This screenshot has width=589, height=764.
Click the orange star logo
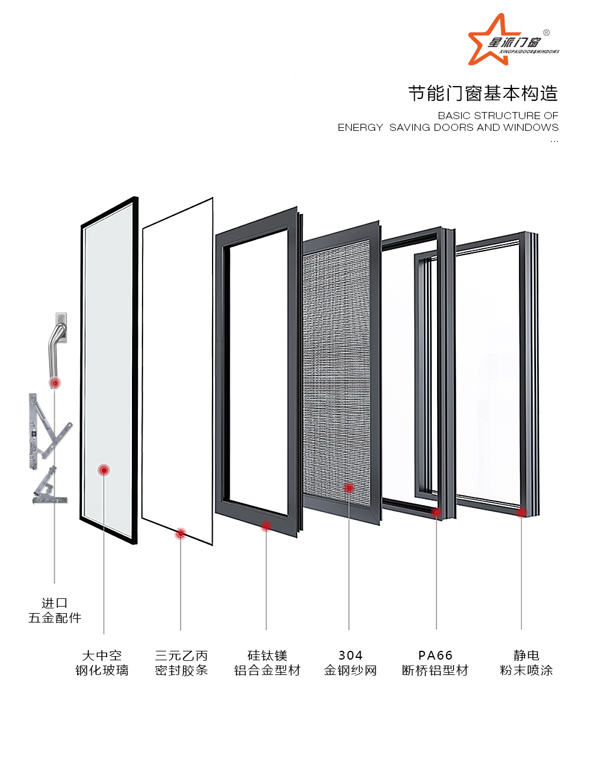pos(487,40)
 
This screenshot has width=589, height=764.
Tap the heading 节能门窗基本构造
pos(483,93)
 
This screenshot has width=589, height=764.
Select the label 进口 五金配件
pos(55,611)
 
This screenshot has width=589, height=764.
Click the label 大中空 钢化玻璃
pos(102,663)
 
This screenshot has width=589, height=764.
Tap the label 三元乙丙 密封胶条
pos(181,663)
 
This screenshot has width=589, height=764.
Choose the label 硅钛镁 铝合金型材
pos(267,663)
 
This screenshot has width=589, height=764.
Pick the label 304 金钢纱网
pos(350,663)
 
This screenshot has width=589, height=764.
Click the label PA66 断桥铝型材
pos(435,663)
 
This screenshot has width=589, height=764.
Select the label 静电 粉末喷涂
pos(526,663)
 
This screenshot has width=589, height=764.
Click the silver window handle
pos(57,342)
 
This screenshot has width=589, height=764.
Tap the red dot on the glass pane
pos(104,470)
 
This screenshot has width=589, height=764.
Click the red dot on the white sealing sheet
pos(181,534)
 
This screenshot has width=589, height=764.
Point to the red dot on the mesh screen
pos(349,488)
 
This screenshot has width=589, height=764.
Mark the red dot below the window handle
pos(55,383)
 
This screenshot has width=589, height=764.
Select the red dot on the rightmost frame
pos(521,512)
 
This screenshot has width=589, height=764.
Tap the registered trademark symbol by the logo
pos(547,32)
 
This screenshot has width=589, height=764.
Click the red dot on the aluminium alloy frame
pos(266,525)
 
